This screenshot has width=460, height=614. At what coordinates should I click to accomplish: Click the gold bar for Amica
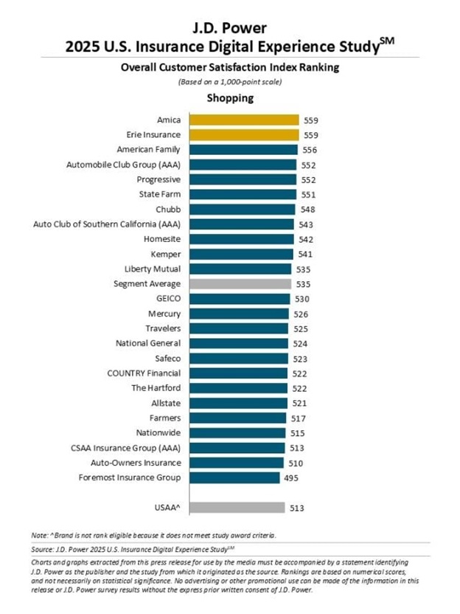click(243, 120)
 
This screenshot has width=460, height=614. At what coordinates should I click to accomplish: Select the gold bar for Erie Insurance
click(243, 134)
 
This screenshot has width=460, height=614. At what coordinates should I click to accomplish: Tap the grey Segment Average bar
click(240, 283)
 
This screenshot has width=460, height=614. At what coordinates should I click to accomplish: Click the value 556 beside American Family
click(310, 150)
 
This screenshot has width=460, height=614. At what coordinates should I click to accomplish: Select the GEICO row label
click(167, 299)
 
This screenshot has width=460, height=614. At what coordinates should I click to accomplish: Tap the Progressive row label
click(159, 179)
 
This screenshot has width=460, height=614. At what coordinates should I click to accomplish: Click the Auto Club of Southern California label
click(108, 224)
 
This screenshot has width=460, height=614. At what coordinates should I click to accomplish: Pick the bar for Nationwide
click(237, 432)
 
